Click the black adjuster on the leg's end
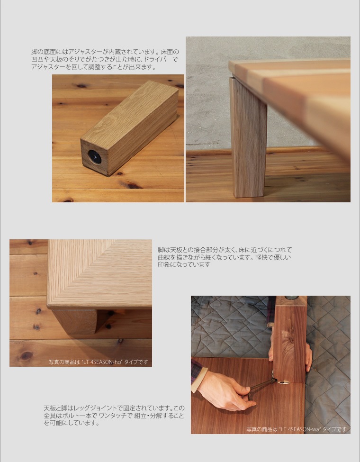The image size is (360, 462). tap(95, 157)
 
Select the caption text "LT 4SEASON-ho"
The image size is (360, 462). tap(102, 362)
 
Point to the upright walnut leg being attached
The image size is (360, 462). tap(290, 339)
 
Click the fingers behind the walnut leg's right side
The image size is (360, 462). tap(308, 356)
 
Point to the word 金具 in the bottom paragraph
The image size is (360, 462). tap(50, 416)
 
